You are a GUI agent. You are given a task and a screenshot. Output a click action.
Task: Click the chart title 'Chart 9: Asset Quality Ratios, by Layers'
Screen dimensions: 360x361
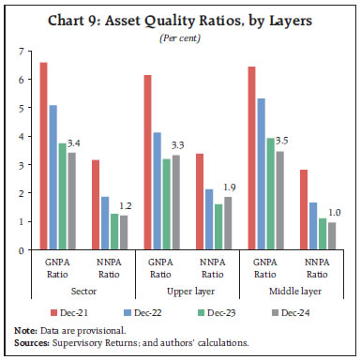pyautogui.click(x=180, y=20)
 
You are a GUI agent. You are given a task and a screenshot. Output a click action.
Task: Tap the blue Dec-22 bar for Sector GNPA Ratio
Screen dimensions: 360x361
pyautogui.click(x=55, y=178)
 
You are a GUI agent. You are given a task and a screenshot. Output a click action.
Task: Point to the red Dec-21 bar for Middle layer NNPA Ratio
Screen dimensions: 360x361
pyautogui.click(x=302, y=210)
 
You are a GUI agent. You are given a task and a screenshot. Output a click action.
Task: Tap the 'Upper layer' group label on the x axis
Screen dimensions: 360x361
pyautogui.click(x=188, y=292)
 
